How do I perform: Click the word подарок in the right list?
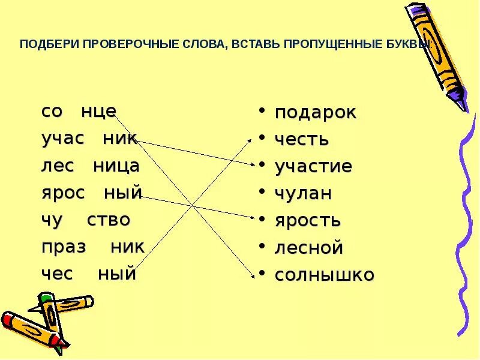pyautogui.click(x=316, y=113)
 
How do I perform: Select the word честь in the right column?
pyautogui.click(x=302, y=140)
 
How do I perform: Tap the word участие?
pyautogui.click(x=313, y=167)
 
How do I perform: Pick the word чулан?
pyautogui.click(x=303, y=194)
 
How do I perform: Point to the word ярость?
pyautogui.click(x=308, y=221)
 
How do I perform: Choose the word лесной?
pyautogui.click(x=308, y=247)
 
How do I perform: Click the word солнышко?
pyautogui.click(x=325, y=275)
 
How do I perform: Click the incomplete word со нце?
pyautogui.click(x=79, y=112)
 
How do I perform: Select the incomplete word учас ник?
pyautogui.click(x=89, y=139)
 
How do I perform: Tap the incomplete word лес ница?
pyautogui.click(x=90, y=166)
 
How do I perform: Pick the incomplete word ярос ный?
pyautogui.click(x=91, y=193)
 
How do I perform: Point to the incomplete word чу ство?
pyautogui.click(x=86, y=220)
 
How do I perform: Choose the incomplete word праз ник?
pyautogui.click(x=93, y=247)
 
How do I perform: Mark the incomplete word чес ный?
pyautogui.click(x=89, y=274)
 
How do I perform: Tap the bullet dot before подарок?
pyautogui.click(x=262, y=111)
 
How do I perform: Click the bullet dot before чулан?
pyautogui.click(x=262, y=192)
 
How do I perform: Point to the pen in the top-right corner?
pyautogui.click(x=436, y=54)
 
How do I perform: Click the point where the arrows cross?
pyautogui.click(x=192, y=206)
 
